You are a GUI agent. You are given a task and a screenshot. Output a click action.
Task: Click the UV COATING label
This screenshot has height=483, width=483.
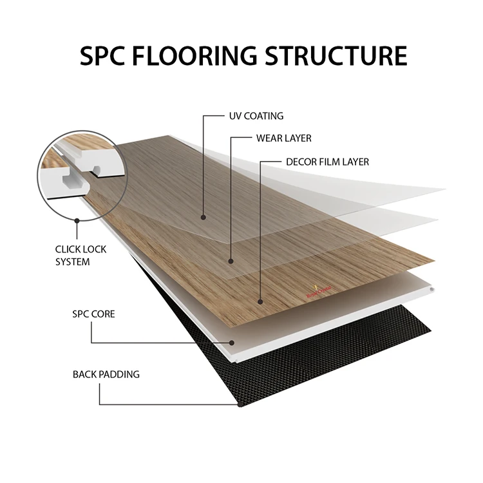point(256,116)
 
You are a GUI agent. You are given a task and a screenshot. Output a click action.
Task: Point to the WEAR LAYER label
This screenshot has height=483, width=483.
point(284,138)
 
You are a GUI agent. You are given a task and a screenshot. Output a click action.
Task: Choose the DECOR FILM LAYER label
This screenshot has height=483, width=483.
point(328,161)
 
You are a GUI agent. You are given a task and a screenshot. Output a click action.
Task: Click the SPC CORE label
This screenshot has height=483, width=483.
point(93,315)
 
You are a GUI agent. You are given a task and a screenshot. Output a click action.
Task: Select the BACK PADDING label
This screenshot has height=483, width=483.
point(106,374)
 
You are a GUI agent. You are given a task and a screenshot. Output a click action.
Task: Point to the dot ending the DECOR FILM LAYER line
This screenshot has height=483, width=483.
point(260,300)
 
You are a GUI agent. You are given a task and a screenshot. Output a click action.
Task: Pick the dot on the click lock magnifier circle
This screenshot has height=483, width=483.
point(77,219)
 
